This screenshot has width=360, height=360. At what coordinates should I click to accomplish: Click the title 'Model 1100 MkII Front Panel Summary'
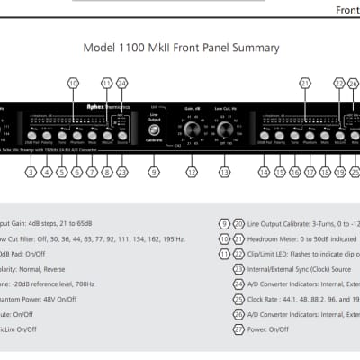180,48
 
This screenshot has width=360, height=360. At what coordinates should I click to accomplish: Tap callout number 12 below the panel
190,171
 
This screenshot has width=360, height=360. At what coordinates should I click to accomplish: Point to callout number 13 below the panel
224,171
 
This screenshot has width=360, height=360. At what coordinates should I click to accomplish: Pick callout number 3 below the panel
31,171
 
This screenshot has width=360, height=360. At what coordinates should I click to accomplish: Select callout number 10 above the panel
73,83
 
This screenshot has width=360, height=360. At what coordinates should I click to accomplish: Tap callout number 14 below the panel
264,171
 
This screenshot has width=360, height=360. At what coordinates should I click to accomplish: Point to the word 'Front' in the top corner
347,11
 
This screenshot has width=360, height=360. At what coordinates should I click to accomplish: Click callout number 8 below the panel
107,171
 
